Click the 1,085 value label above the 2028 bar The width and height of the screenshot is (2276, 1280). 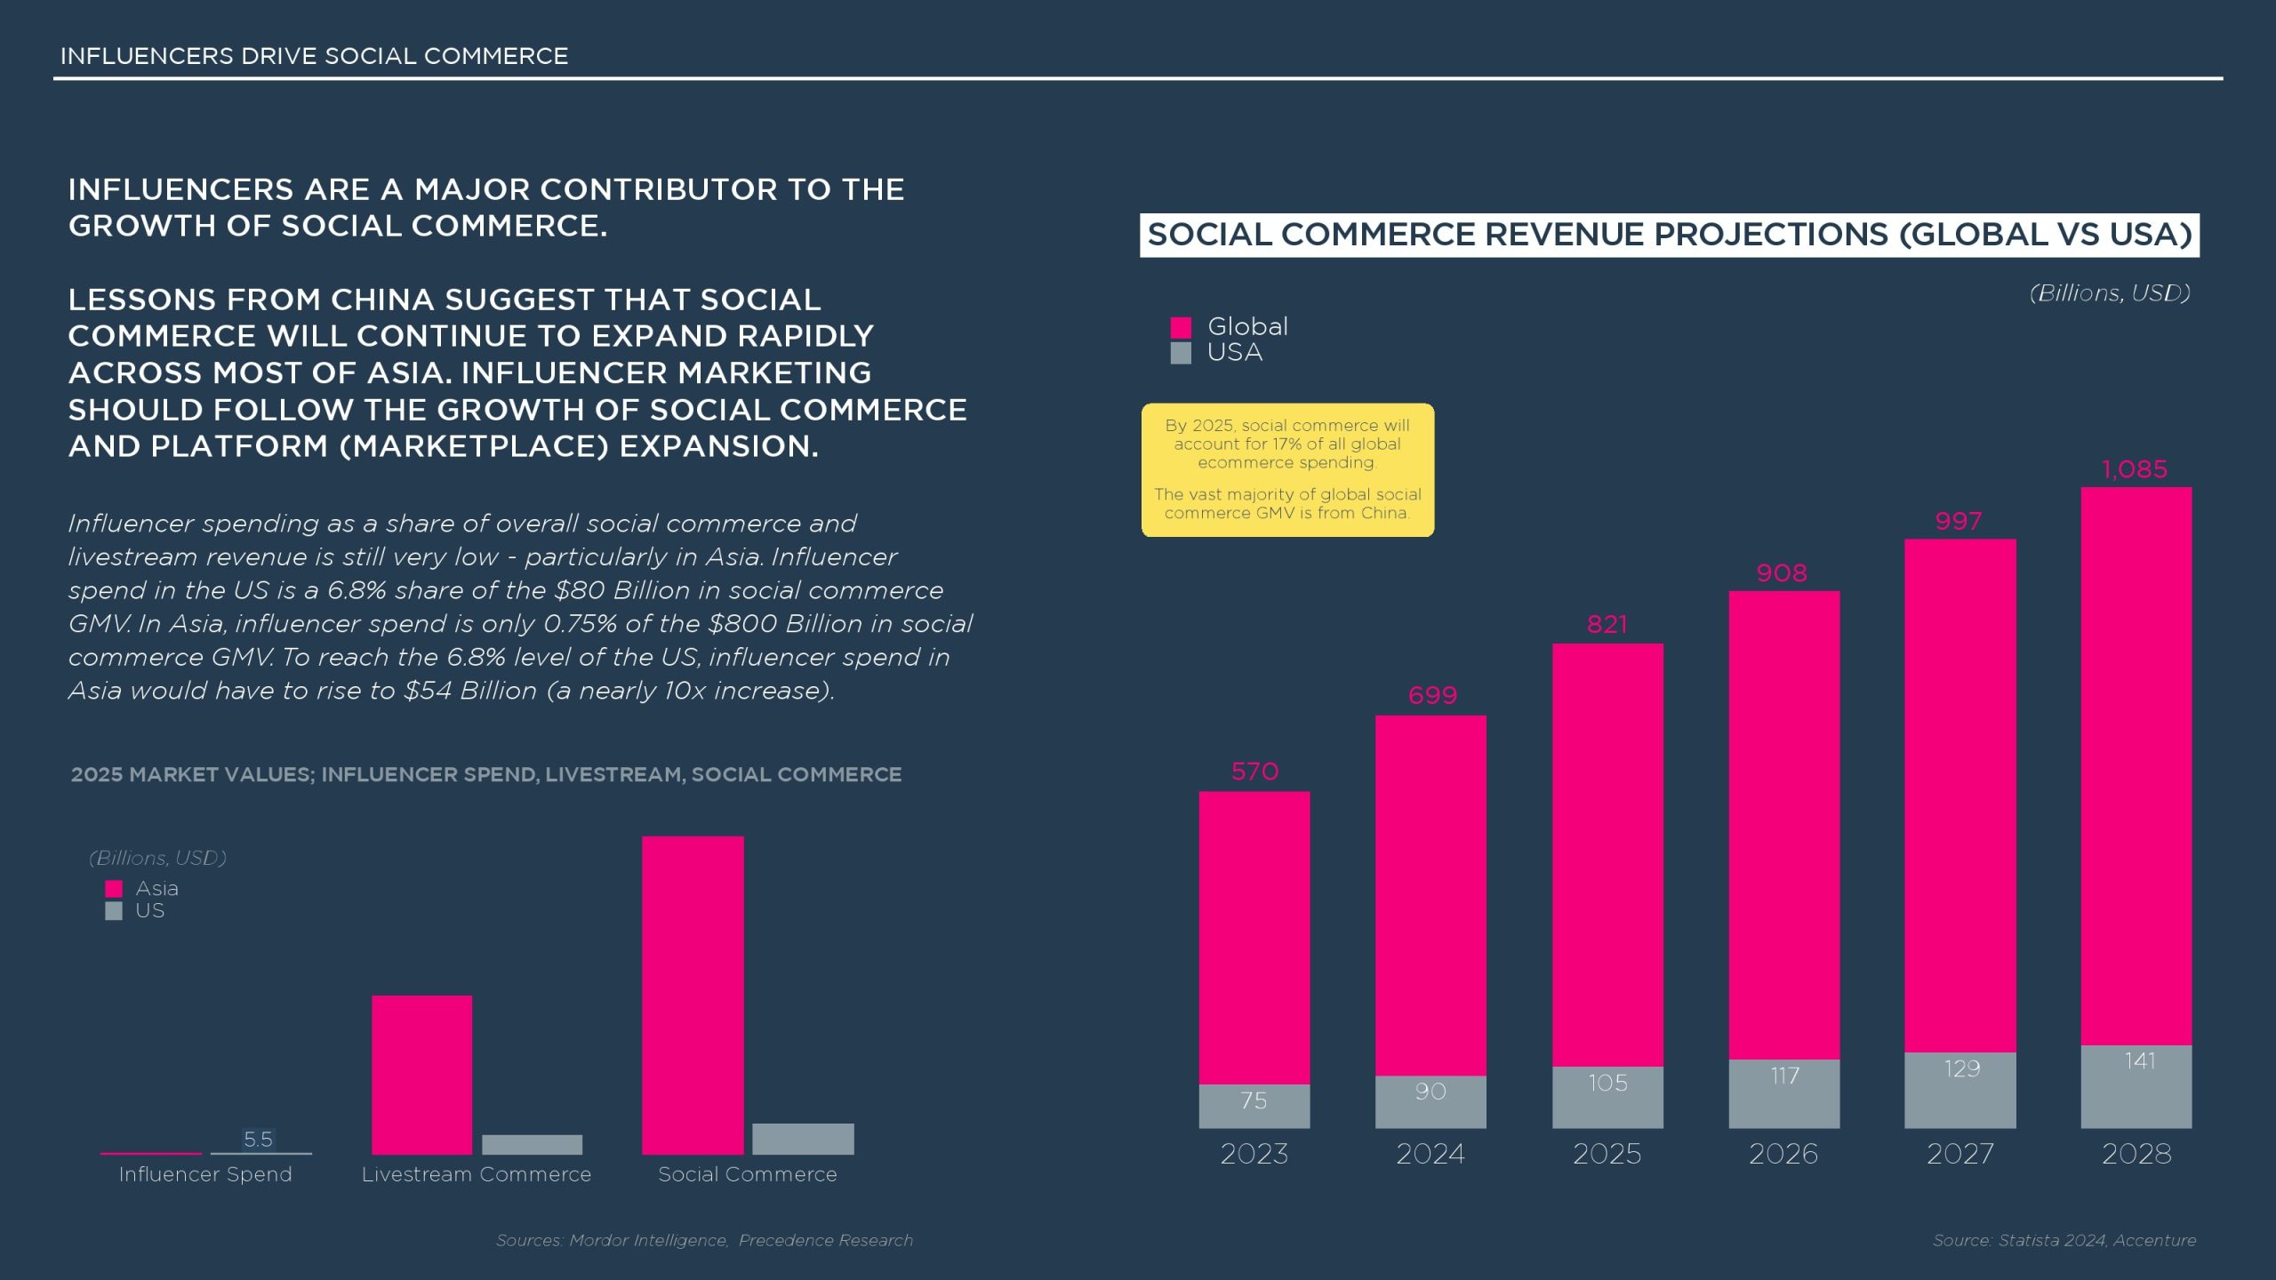pyautogui.click(x=2135, y=469)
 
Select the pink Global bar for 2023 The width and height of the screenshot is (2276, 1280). pyautogui.click(x=1254, y=938)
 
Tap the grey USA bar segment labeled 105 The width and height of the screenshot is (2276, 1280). pyautogui.click(x=1607, y=1097)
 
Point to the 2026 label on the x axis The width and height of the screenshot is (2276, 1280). pyautogui.click(x=1783, y=1154)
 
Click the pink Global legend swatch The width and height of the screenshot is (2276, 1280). pyautogui.click(x=1181, y=327)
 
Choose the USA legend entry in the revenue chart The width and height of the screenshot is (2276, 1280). pyautogui.click(x=1234, y=353)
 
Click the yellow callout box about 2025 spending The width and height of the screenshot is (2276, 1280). pyautogui.click(x=1287, y=469)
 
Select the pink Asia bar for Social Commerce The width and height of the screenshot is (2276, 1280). pyautogui.click(x=693, y=996)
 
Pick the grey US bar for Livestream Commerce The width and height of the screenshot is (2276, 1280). pyautogui.click(x=532, y=1144)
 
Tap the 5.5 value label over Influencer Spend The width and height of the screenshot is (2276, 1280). pyautogui.click(x=258, y=1139)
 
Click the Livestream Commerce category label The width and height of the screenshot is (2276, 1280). pyautogui.click(x=477, y=1174)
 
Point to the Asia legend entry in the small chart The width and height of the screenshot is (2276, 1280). pyautogui.click(x=156, y=888)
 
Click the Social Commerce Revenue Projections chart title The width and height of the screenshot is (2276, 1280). pyautogui.click(x=1669, y=235)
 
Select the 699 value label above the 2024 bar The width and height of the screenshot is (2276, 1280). pyautogui.click(x=1432, y=695)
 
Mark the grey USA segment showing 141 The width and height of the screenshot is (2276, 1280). pyautogui.click(x=2136, y=1086)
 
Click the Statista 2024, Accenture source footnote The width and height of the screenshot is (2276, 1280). pyautogui.click(x=2064, y=1240)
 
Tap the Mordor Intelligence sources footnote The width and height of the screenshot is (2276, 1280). pyautogui.click(x=704, y=1240)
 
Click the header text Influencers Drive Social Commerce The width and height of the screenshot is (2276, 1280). pyautogui.click(x=314, y=56)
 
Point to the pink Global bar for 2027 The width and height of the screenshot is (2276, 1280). pyautogui.click(x=1959, y=796)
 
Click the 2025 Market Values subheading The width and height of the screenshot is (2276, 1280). pyautogui.click(x=486, y=774)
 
